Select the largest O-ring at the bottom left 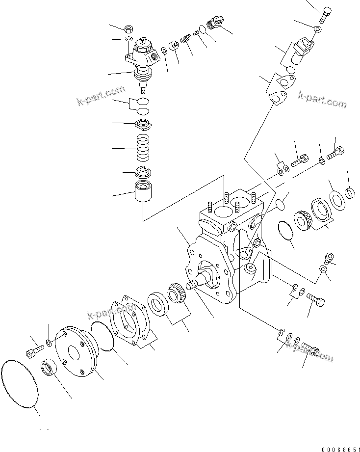(x=21, y=383)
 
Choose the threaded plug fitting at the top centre (x=215, y=23)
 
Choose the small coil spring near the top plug (x=186, y=38)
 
